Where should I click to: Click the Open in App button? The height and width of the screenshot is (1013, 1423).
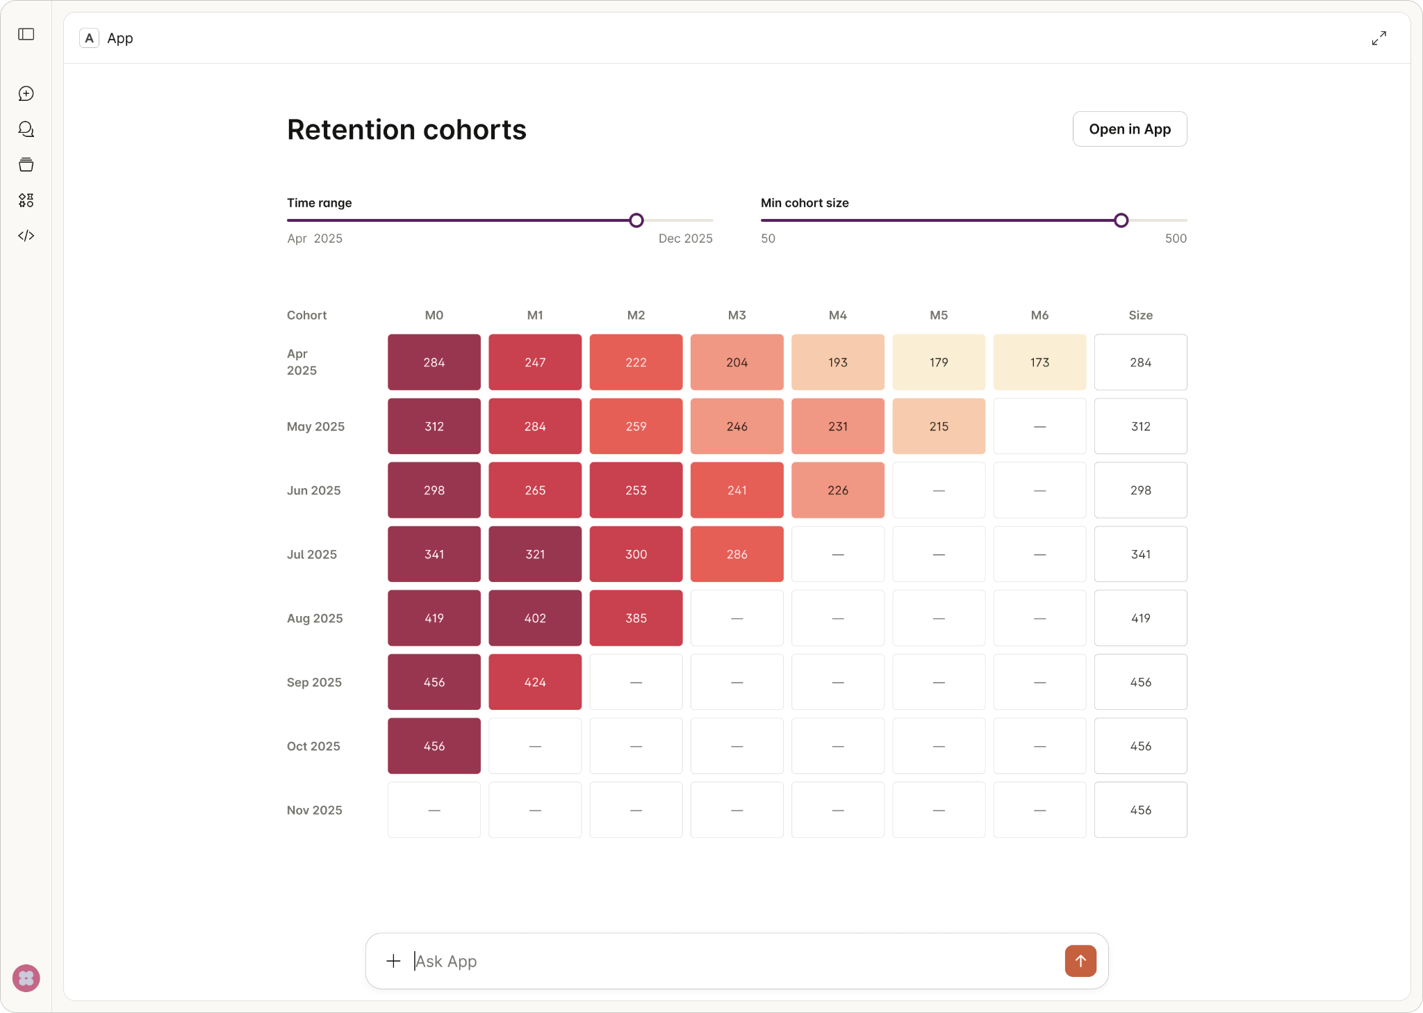pos(1129,129)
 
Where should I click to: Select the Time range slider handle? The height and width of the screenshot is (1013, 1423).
pos(636,220)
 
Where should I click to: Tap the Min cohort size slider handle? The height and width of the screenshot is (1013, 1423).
pos(1121,220)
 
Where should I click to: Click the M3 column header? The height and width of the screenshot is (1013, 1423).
pos(737,315)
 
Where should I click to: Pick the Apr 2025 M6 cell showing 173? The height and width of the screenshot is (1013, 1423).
pos(1039,362)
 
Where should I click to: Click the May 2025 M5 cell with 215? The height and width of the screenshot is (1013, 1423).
pos(938,426)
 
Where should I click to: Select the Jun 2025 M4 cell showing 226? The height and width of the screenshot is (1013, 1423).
pos(837,490)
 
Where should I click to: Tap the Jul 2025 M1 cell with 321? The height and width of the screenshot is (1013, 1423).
pos(534,554)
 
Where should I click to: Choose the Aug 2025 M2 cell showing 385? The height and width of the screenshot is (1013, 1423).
pos(636,618)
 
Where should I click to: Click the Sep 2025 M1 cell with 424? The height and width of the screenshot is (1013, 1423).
pos(534,682)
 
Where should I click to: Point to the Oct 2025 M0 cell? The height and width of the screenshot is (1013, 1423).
pos(434,746)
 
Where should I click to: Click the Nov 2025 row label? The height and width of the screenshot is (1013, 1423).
pos(314,810)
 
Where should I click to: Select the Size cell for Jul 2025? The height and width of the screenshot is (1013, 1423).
pos(1140,554)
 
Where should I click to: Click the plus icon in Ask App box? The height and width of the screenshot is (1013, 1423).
pos(393,961)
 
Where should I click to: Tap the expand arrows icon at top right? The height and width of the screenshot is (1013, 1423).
pos(1379,38)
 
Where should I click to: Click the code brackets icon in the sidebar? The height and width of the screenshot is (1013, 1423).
pos(26,236)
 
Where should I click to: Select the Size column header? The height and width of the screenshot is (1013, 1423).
pos(1140,315)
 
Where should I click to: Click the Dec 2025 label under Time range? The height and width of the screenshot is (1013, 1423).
pos(685,238)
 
